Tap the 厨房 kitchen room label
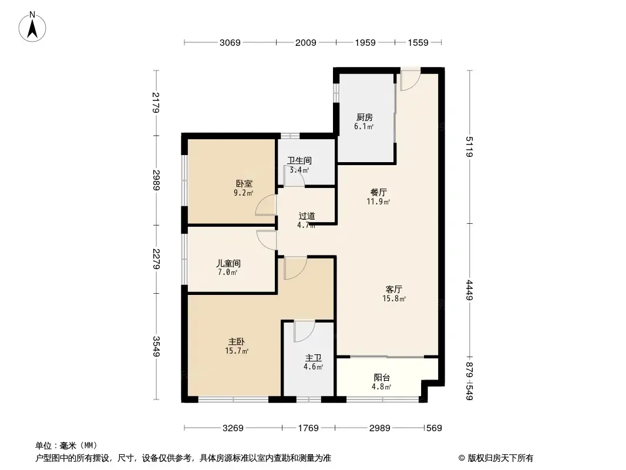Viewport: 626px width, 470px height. pyautogui.click(x=365, y=117)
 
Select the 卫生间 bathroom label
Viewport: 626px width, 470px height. pyautogui.click(x=299, y=160)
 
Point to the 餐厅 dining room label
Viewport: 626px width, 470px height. pyautogui.click(x=379, y=192)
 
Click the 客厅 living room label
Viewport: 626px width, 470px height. pyautogui.click(x=393, y=289)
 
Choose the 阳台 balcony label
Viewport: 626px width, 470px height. pyautogui.click(x=382, y=378)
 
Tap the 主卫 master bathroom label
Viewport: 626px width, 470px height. pyautogui.click(x=313, y=357)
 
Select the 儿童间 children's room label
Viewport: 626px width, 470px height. pyautogui.click(x=227, y=263)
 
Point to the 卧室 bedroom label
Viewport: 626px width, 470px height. pyautogui.click(x=244, y=183)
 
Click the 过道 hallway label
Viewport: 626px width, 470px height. pyautogui.click(x=306, y=216)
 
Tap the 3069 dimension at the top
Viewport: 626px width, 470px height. pyautogui.click(x=230, y=42)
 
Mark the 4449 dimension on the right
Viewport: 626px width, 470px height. pyautogui.click(x=469, y=290)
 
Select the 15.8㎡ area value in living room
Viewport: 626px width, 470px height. pyautogui.click(x=393, y=298)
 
